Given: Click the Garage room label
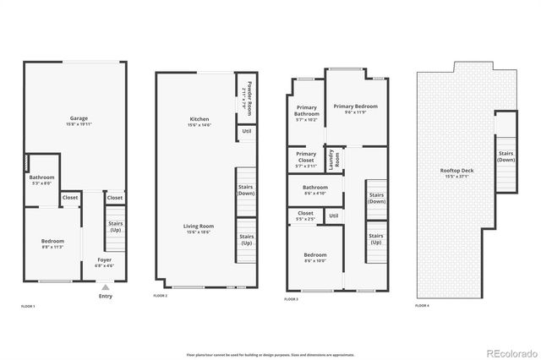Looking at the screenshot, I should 79,120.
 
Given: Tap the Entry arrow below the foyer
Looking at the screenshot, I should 105,288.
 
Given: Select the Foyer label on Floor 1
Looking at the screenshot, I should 104,262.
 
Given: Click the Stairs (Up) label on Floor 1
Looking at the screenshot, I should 115,226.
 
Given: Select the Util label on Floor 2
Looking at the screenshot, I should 246,131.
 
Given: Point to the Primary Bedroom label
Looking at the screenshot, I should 355,108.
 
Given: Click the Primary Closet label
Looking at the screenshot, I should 305,157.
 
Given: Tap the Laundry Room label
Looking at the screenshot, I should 335,160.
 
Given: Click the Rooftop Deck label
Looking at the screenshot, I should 457,174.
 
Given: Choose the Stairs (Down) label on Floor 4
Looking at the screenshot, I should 505,156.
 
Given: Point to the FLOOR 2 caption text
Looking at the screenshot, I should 161,297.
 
